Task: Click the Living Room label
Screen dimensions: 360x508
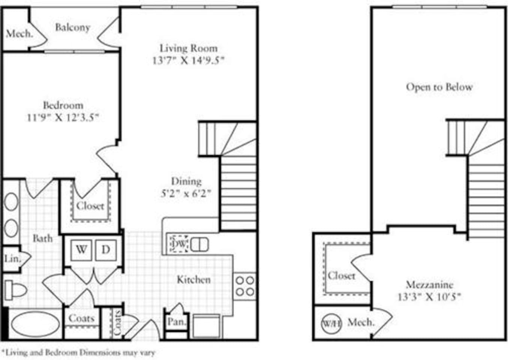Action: click(188, 48)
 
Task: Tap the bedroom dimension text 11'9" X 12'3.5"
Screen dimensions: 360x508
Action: click(63, 117)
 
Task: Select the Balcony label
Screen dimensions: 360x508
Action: click(72, 27)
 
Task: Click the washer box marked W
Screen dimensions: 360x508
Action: click(82, 250)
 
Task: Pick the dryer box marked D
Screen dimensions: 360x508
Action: click(106, 250)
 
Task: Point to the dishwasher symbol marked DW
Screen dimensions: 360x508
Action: click(178, 244)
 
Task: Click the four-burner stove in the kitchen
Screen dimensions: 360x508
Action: click(245, 286)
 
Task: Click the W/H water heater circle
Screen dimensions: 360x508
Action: click(331, 323)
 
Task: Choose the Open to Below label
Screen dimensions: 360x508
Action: click(439, 87)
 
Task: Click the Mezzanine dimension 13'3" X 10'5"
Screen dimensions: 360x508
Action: click(429, 297)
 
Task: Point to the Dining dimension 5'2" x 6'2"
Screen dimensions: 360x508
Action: click(186, 193)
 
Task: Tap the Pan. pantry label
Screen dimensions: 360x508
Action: click(175, 322)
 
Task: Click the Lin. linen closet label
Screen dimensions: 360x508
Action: click(12, 258)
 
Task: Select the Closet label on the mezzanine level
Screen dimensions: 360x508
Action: click(341, 276)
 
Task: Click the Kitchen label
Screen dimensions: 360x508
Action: click(193, 280)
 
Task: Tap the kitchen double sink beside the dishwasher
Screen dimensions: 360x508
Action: click(199, 245)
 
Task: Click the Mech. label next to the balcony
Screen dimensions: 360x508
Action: click(19, 34)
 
